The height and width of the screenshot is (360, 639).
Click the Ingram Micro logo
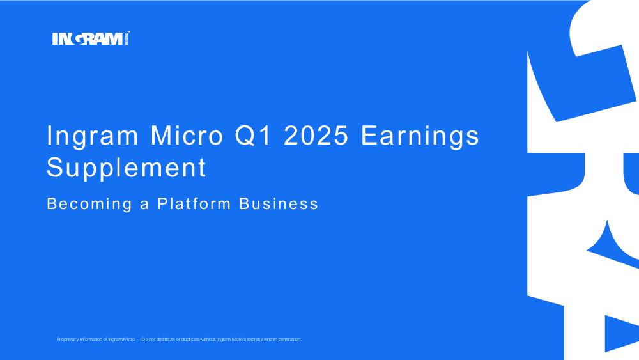pos(91,38)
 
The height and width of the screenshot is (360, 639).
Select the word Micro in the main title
pos(187,135)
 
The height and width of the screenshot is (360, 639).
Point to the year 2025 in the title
pos(316,135)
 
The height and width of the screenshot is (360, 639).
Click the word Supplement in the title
pos(127,168)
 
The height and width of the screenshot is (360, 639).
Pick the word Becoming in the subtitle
pos(89,204)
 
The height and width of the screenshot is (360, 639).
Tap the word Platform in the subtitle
pos(194,203)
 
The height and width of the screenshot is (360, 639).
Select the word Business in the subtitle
pos(279,203)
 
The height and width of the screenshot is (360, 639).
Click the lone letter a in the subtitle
pos(144,205)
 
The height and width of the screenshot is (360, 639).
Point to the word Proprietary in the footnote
pos(67,339)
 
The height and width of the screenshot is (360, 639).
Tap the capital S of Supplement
pos(55,167)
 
